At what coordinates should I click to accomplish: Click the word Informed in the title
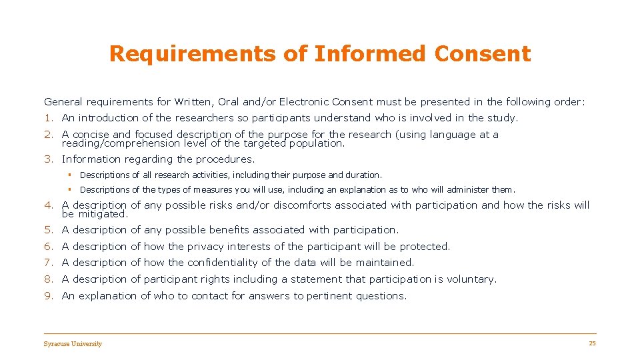(367, 54)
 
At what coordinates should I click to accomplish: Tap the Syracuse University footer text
(73, 344)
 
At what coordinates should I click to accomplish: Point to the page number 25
(592, 343)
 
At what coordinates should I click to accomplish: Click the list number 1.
(48, 118)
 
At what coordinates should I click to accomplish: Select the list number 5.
(48, 230)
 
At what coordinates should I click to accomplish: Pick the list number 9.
(48, 296)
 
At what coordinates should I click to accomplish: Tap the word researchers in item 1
(205, 118)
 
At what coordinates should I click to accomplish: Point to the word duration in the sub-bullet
(363, 175)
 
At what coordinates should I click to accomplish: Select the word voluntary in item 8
(471, 279)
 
